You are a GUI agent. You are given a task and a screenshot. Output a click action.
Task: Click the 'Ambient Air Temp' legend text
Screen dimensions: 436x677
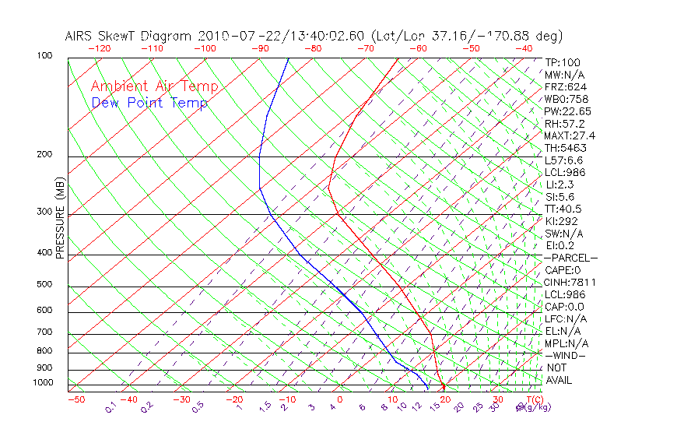coord(154,86)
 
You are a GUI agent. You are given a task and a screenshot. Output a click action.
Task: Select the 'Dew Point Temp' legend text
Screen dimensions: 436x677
coord(149,103)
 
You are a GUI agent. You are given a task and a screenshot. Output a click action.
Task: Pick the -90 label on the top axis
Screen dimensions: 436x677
coord(259,47)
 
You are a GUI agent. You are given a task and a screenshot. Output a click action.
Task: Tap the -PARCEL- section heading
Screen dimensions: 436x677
coord(570,258)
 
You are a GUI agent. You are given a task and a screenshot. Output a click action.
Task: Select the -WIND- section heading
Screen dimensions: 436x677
coord(565,355)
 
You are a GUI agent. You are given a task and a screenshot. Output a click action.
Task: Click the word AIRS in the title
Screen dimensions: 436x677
coord(80,36)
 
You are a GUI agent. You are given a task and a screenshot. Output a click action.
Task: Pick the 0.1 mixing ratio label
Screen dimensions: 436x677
coord(111,407)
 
